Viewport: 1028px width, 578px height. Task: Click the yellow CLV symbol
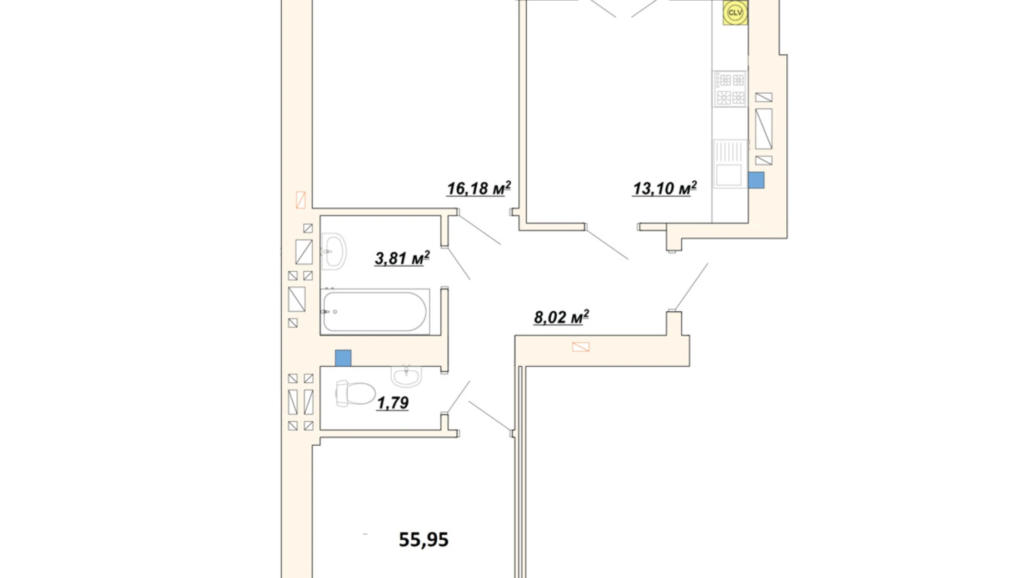735,13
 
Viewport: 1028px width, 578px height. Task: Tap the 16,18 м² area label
478,188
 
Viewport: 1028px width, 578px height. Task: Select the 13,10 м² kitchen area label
665,188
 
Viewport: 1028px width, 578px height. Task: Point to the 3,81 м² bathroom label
402,258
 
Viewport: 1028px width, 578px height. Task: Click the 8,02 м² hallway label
561,317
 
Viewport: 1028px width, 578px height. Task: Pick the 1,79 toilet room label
393,403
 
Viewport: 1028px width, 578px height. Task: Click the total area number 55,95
423,540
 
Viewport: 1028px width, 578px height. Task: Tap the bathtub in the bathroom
375,311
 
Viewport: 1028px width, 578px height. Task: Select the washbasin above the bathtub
334,252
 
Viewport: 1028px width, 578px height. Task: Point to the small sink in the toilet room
407,376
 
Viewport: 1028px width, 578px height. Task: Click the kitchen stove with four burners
730,89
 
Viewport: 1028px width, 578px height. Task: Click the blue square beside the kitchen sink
756,180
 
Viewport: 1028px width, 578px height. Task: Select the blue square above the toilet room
343,358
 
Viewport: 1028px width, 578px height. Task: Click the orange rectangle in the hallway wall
581,347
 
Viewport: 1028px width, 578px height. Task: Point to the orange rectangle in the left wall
301,200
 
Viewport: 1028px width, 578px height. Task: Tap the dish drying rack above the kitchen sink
729,151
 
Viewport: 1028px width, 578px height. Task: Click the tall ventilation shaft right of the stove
764,129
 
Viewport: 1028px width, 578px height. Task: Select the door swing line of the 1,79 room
458,397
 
